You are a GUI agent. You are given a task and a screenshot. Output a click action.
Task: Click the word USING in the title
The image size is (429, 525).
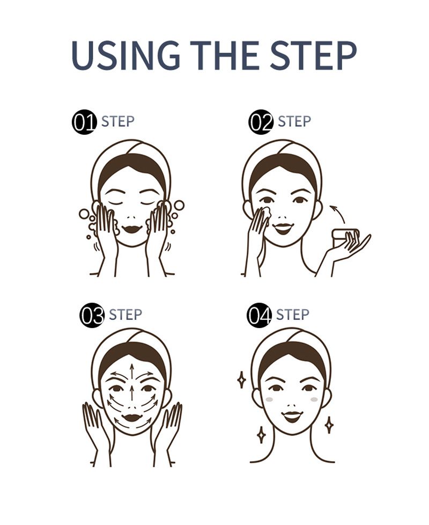125,55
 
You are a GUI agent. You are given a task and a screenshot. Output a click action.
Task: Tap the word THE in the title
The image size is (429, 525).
227,55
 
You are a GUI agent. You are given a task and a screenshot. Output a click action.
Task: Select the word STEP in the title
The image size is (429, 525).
313,55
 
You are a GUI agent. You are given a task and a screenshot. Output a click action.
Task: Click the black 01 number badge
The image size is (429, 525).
84,122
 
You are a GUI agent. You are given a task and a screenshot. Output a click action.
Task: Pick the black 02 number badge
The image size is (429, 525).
261,122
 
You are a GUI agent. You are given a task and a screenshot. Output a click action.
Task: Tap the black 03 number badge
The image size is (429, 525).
92,316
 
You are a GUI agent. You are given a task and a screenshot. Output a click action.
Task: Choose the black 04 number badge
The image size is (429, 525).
259,315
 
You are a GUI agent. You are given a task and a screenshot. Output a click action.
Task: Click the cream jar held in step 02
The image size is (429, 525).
345,238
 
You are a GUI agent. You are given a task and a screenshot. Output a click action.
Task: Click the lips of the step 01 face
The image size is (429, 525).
132,229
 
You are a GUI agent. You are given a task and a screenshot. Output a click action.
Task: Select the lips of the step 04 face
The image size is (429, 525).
292,417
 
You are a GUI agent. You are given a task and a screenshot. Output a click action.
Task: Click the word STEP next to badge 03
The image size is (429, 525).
125,315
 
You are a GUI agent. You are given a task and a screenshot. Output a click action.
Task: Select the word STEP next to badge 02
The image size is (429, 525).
294,121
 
